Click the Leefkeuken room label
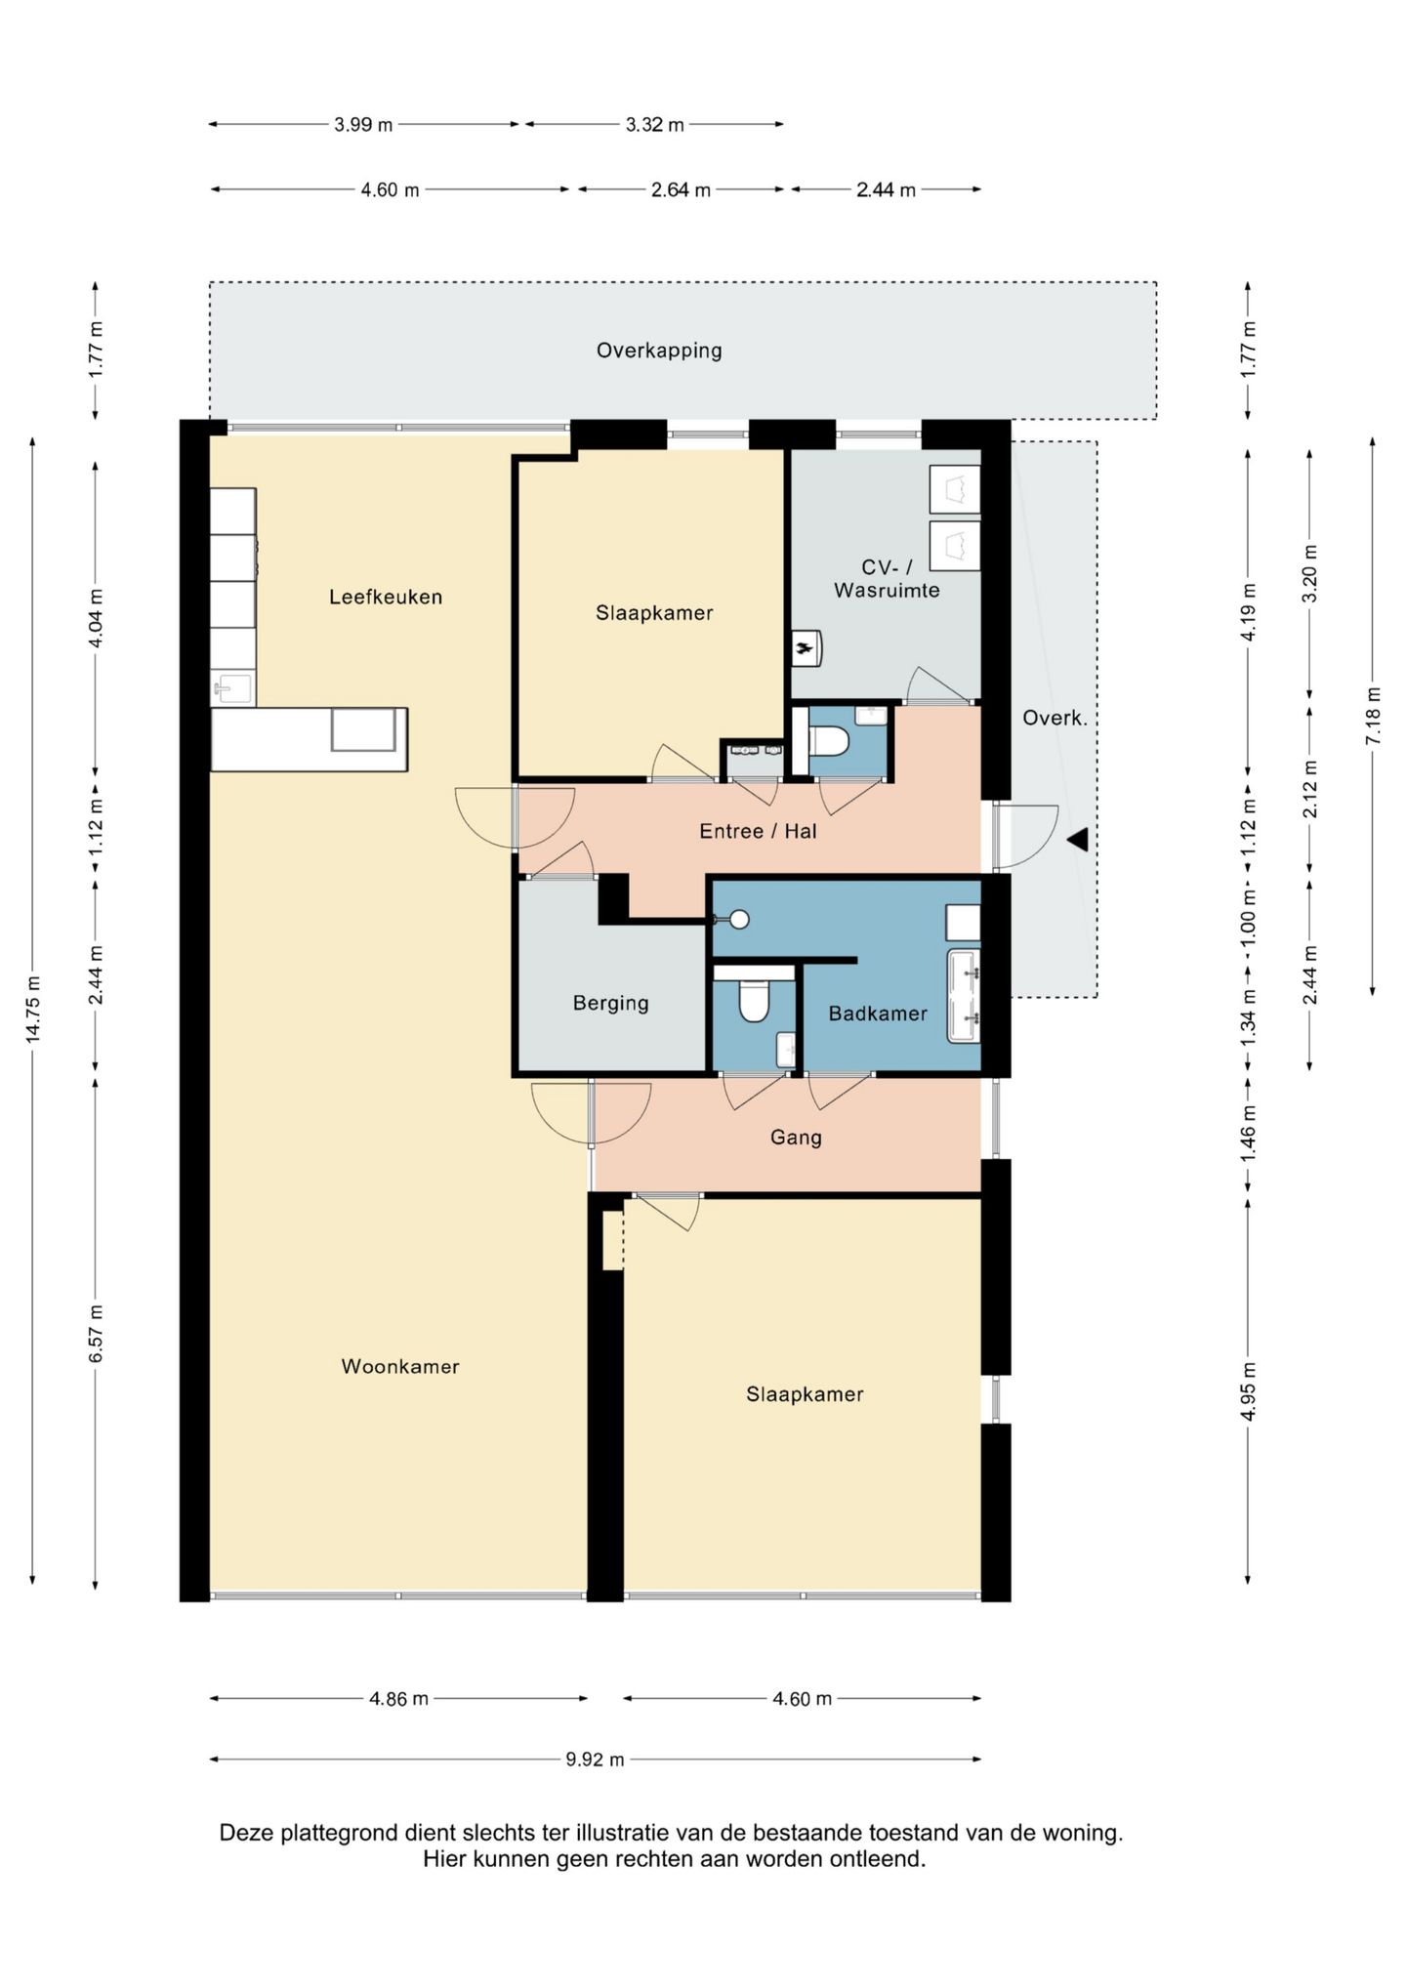coord(385,597)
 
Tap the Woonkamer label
coord(399,1366)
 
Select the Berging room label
coord(610,1003)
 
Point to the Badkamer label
coord(877,1014)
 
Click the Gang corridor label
coord(796,1137)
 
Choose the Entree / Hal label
coord(758,831)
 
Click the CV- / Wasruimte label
coord(886,578)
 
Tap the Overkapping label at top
coord(659,351)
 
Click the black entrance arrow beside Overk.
coord(1078,839)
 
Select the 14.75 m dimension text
coord(33,1010)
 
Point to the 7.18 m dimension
coord(1374,716)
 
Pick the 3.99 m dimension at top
coord(363,124)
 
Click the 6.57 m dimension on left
coord(96,1333)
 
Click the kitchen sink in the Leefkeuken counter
coord(232,687)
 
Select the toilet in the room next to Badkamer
coord(754,1001)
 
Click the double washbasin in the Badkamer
coord(964,995)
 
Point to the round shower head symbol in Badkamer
coord(740,919)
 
